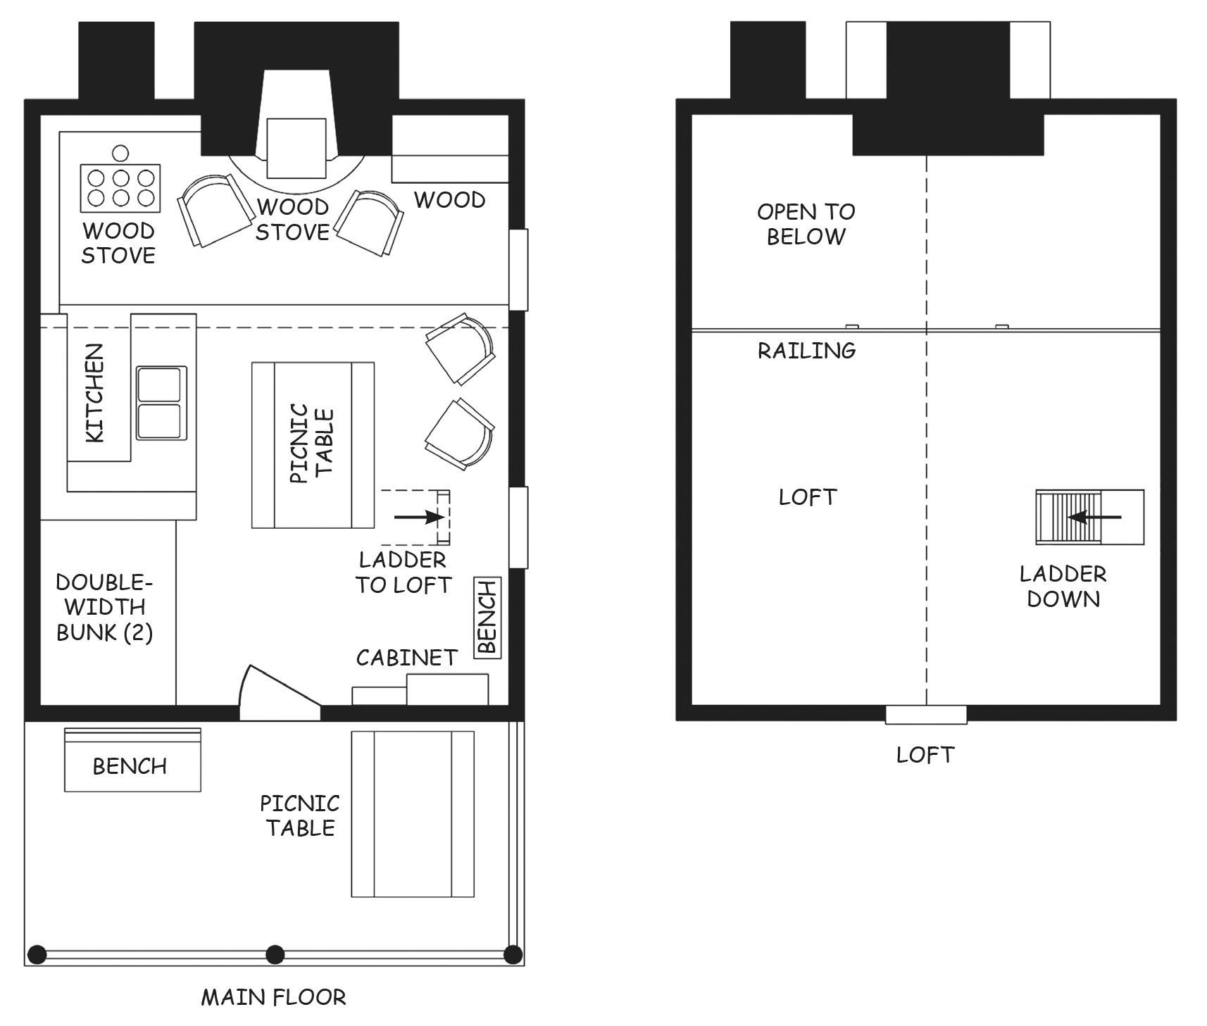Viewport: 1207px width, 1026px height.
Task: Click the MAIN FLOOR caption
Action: (273, 997)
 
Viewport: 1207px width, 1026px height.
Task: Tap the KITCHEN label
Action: (94, 393)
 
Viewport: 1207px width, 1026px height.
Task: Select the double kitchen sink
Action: (161, 403)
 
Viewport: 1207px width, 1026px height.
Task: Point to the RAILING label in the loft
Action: (806, 350)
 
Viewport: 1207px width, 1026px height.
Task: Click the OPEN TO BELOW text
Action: (806, 224)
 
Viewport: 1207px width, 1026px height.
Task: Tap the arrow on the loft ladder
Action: (1094, 517)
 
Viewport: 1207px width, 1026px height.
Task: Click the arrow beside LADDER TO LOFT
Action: (420, 517)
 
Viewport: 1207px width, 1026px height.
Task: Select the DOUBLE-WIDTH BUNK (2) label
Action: (104, 607)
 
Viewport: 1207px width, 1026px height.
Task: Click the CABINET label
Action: (406, 658)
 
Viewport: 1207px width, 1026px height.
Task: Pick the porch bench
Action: (132, 760)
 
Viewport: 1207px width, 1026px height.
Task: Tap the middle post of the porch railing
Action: (275, 955)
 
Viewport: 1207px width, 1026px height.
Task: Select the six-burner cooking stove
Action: (120, 187)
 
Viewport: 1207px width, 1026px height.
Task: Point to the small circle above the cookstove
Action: (120, 152)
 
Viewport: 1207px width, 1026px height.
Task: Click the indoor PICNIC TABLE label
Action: (312, 444)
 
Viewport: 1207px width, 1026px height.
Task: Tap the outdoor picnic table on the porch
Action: (413, 813)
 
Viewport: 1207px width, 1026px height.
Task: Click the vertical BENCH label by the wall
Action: (488, 618)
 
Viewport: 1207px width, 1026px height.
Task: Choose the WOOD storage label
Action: (449, 200)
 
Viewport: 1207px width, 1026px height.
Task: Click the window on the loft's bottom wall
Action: (926, 714)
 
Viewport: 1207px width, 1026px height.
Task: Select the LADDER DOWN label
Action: (1063, 586)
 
